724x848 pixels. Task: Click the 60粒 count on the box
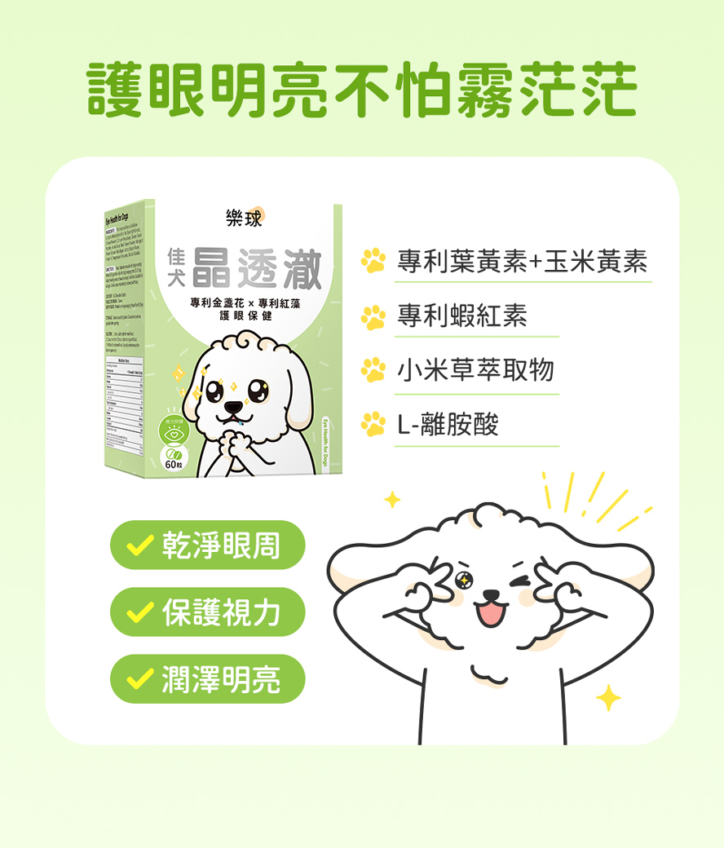173,464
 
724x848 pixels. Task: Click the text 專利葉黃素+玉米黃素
522,262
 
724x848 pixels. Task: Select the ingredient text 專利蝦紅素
462,316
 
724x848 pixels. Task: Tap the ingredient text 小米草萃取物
475,370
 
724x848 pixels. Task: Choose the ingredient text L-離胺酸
448,424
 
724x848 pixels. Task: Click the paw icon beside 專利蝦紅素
374,316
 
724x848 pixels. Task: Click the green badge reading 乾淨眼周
208,545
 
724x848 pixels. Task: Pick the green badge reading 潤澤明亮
208,679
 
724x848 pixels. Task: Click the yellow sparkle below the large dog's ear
608,698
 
